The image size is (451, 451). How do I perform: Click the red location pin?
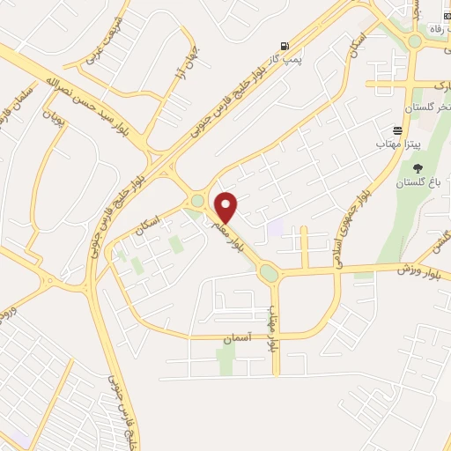coord(226,205)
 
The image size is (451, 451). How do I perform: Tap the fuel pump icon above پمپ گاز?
coord(283,46)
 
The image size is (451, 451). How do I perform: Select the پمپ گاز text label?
coord(285,59)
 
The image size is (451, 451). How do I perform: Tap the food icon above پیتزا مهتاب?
coord(398,129)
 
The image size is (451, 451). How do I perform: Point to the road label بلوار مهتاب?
coord(273,329)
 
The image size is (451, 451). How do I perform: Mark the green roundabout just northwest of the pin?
coord(197,202)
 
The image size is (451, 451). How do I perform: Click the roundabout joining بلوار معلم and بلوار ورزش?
coord(269,273)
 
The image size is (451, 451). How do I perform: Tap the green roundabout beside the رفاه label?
coord(415,41)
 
